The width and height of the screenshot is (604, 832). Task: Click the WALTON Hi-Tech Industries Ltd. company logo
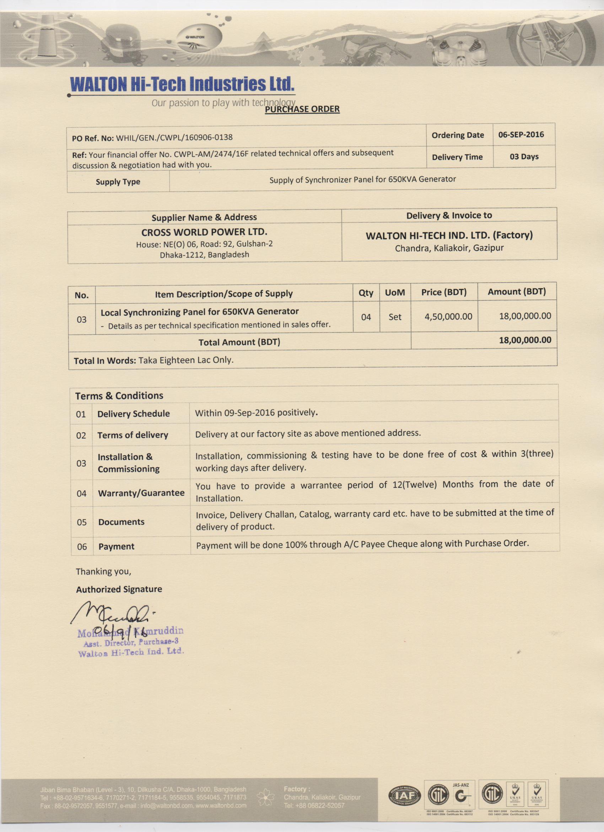click(182, 84)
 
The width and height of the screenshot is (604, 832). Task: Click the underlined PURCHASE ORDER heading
click(302, 109)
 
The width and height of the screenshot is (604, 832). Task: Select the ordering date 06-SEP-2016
click(521, 135)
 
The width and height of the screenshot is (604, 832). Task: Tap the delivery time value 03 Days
click(524, 157)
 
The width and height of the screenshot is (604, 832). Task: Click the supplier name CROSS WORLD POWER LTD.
click(204, 232)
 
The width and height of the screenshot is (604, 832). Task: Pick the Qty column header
click(366, 293)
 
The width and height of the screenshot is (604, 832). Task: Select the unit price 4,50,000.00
click(448, 316)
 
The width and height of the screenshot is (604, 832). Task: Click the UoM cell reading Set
click(395, 317)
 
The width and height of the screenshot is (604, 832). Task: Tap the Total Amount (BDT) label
click(239, 342)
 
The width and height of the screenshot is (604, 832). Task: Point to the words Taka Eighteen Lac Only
click(186, 360)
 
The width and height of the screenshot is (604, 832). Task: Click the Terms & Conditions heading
click(119, 395)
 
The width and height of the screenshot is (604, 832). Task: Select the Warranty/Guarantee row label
click(141, 493)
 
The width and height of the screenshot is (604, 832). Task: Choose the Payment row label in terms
click(116, 546)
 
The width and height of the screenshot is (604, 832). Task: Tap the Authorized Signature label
click(119, 589)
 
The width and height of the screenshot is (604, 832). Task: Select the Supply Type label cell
click(118, 182)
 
